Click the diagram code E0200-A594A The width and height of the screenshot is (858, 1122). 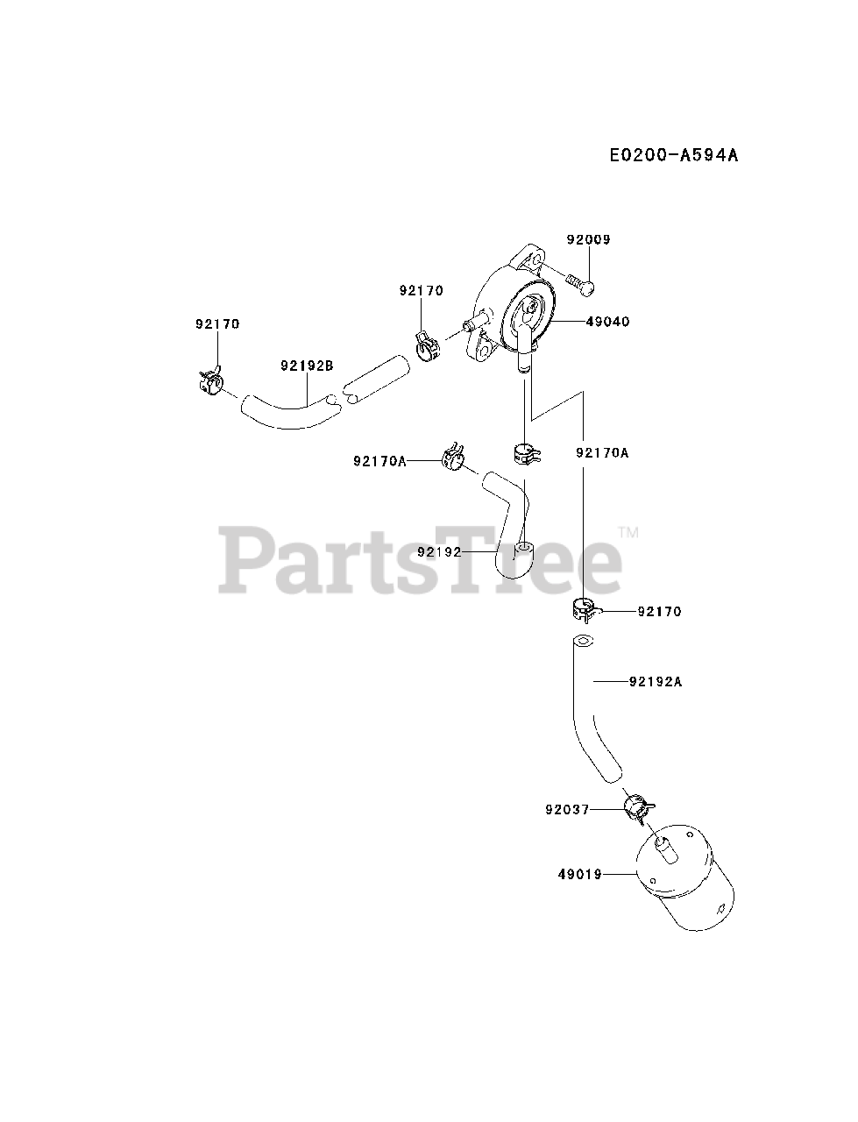point(674,155)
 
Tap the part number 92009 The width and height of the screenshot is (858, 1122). point(587,239)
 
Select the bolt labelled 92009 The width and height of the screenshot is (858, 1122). point(579,282)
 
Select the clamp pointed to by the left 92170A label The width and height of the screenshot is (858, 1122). point(454,457)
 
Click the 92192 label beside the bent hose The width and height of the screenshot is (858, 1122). point(439,551)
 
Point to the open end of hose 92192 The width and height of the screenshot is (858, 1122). point(523,550)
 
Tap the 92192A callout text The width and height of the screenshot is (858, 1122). point(655,680)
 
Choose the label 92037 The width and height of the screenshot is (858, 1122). point(565,811)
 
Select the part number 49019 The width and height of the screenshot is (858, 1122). point(578,874)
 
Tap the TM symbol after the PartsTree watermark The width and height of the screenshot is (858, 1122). point(628,532)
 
